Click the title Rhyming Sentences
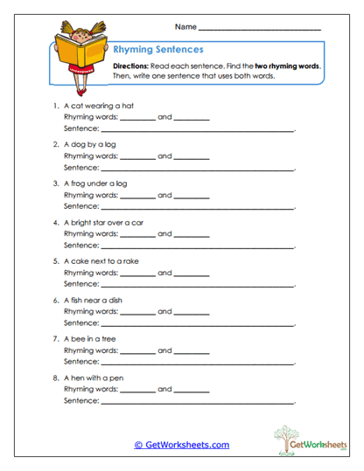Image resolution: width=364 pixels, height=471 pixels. [158, 50]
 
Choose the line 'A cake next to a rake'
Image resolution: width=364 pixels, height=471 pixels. [101, 260]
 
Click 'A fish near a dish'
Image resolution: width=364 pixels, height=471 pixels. [94, 300]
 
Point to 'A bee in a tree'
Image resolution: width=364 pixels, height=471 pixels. [90, 338]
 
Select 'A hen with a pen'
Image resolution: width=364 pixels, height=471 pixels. [94, 377]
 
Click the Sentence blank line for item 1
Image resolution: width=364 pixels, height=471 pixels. [198, 129]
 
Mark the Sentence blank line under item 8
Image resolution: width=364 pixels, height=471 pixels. [198, 401]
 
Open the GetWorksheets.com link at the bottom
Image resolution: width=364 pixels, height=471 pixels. [182, 445]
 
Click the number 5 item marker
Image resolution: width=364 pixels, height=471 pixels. [55, 260]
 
